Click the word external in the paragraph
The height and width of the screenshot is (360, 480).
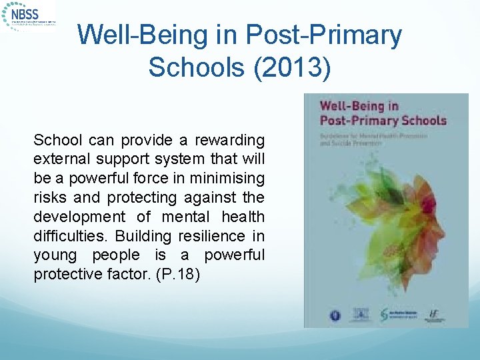click(62, 160)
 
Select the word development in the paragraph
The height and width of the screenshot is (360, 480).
click(79, 217)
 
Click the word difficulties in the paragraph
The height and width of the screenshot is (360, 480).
click(71, 236)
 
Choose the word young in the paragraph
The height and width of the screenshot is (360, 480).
click(57, 255)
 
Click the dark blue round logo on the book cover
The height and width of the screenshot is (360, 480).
click(335, 315)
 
